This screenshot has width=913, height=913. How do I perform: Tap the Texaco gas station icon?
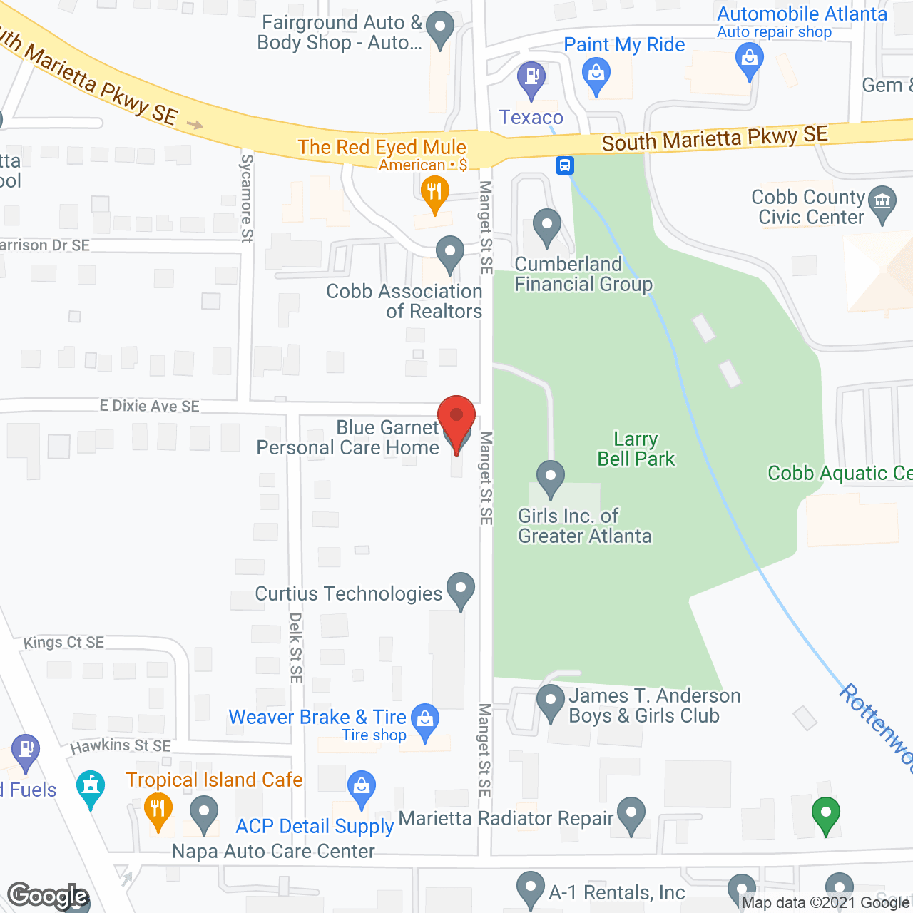pos(531,77)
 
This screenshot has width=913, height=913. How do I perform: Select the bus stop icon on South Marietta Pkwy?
pos(565,166)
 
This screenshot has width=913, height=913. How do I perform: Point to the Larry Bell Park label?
pos(636,449)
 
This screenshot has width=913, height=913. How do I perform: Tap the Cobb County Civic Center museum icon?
pos(883,202)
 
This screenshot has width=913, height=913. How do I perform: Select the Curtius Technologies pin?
pos(461,589)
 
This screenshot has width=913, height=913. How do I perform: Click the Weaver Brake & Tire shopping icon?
pos(425,720)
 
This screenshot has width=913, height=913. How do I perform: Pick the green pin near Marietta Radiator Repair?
pos(825,813)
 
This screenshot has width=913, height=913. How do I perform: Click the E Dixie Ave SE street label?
pos(150,406)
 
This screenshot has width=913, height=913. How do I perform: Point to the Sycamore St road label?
pos(247,198)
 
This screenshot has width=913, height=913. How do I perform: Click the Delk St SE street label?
pos(296,648)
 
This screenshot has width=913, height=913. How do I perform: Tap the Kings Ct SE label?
pos(64,642)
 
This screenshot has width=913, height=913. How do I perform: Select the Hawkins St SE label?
pos(121,746)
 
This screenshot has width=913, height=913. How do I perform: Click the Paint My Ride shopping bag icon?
pos(596,73)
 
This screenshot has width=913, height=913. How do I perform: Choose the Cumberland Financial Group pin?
pos(547,225)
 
